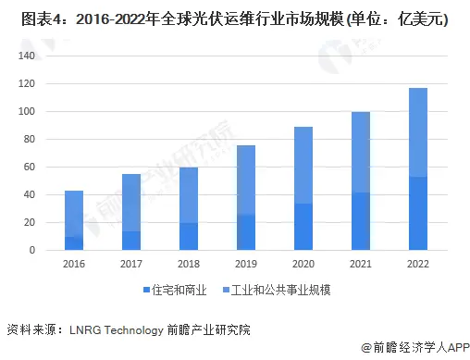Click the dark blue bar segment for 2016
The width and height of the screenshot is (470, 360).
[74, 243]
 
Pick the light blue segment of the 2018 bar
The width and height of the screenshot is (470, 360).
[189, 195]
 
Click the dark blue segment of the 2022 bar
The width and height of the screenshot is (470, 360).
[418, 214]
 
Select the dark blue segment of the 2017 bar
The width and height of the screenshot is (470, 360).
[131, 241]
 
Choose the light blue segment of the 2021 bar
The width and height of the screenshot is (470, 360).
[361, 153]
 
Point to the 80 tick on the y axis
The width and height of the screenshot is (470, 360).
[29, 140]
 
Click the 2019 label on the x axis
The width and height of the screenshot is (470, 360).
[246, 264]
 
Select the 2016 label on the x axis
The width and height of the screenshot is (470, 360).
[74, 264]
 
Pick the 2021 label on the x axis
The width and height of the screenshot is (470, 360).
[361, 264]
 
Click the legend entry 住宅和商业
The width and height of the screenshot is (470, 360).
[176, 292]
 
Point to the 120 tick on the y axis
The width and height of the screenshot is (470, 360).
[26, 84]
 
